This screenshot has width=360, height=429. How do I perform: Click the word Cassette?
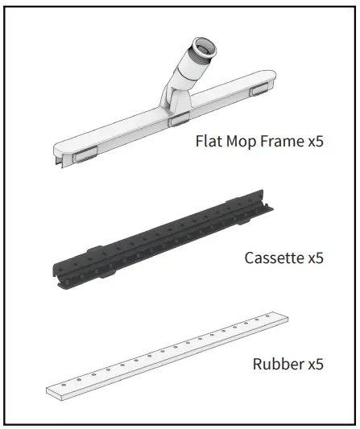272,258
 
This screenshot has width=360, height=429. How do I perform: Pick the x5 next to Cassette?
314,258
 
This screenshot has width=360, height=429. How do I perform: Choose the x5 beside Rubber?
314,365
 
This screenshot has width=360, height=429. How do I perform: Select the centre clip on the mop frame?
176,120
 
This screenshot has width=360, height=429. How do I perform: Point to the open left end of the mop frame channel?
60,162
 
